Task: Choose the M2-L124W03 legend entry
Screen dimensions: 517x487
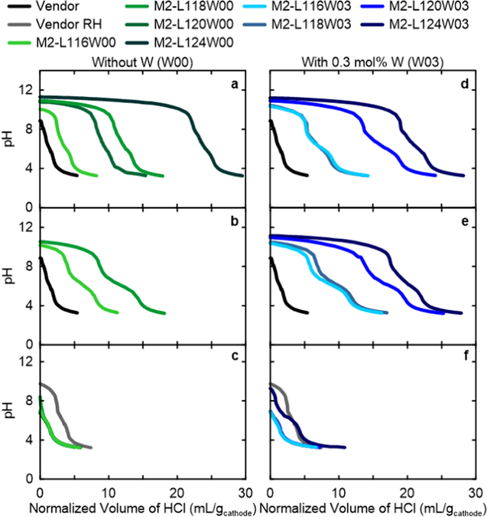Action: tap(436, 23)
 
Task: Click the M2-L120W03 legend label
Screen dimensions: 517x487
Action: tap(436, 6)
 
